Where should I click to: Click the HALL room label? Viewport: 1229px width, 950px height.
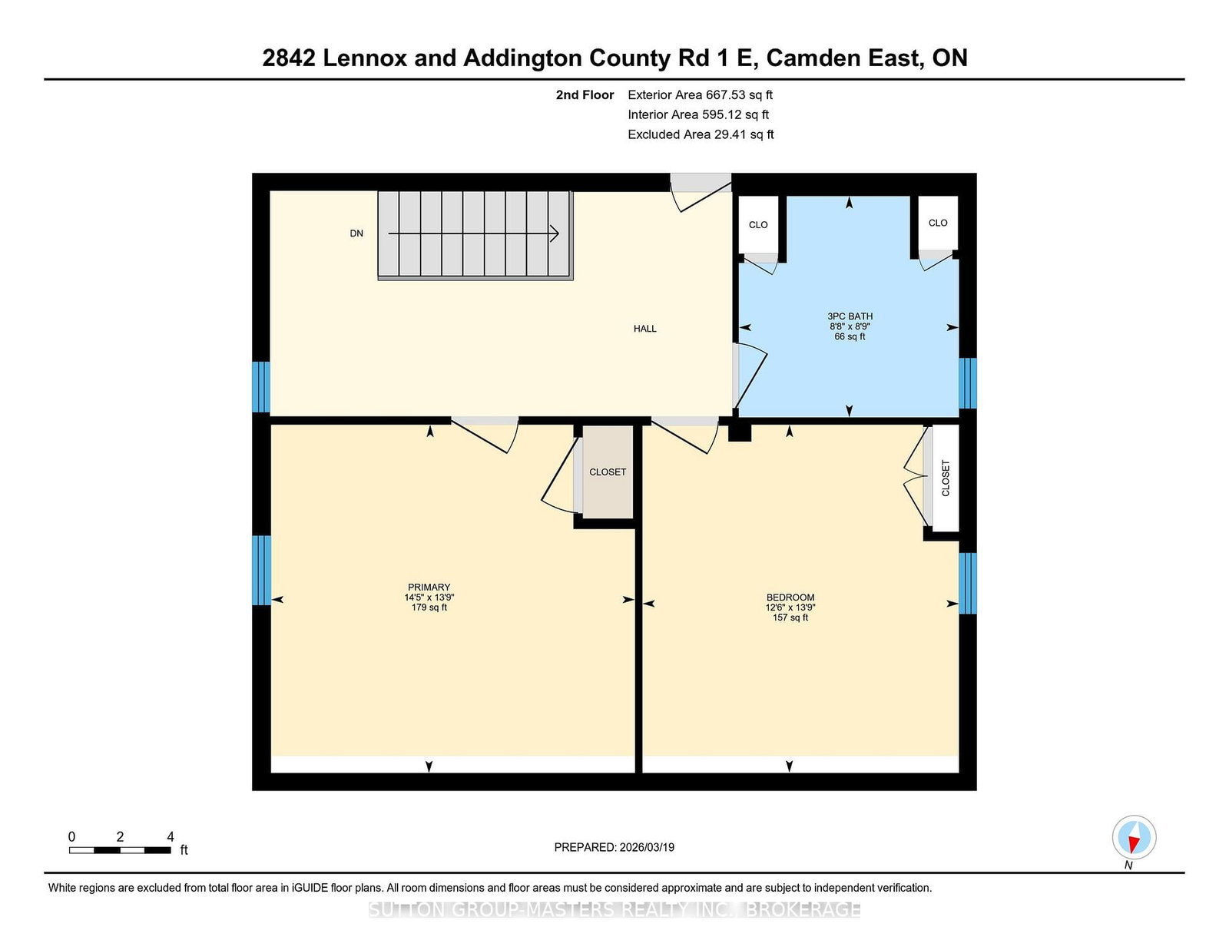pos(644,329)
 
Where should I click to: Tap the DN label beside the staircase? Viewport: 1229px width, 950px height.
pos(356,233)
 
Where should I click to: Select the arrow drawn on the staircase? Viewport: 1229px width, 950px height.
pos(474,233)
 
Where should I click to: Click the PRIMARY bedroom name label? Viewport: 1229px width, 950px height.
pos(429,587)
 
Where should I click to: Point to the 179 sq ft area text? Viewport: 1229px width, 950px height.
pos(429,607)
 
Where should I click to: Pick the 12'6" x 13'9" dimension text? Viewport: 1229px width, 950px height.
pos(790,607)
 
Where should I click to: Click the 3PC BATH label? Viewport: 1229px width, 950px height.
pos(850,316)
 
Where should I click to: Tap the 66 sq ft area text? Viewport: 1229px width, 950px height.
pos(850,336)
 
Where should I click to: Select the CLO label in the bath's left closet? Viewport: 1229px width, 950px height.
pos(758,225)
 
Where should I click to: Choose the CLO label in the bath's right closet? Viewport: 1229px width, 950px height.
pos(938,223)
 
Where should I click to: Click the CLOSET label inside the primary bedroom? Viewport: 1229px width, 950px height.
pos(608,472)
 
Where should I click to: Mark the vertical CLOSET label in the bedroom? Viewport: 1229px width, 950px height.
pos(946,478)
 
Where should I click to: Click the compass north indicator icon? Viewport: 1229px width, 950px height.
pos(1134,837)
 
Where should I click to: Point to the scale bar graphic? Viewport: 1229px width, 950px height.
pos(120,850)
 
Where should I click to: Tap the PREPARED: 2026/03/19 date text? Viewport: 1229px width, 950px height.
pos(614,847)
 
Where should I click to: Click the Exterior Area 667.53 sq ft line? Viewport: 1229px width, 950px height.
pos(701,95)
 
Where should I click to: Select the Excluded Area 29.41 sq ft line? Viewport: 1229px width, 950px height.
pos(701,134)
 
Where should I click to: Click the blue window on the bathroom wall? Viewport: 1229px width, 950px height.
pos(968,382)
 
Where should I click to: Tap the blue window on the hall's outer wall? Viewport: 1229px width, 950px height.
pos(260,387)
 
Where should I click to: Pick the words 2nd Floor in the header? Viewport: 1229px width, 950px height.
pos(585,95)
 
